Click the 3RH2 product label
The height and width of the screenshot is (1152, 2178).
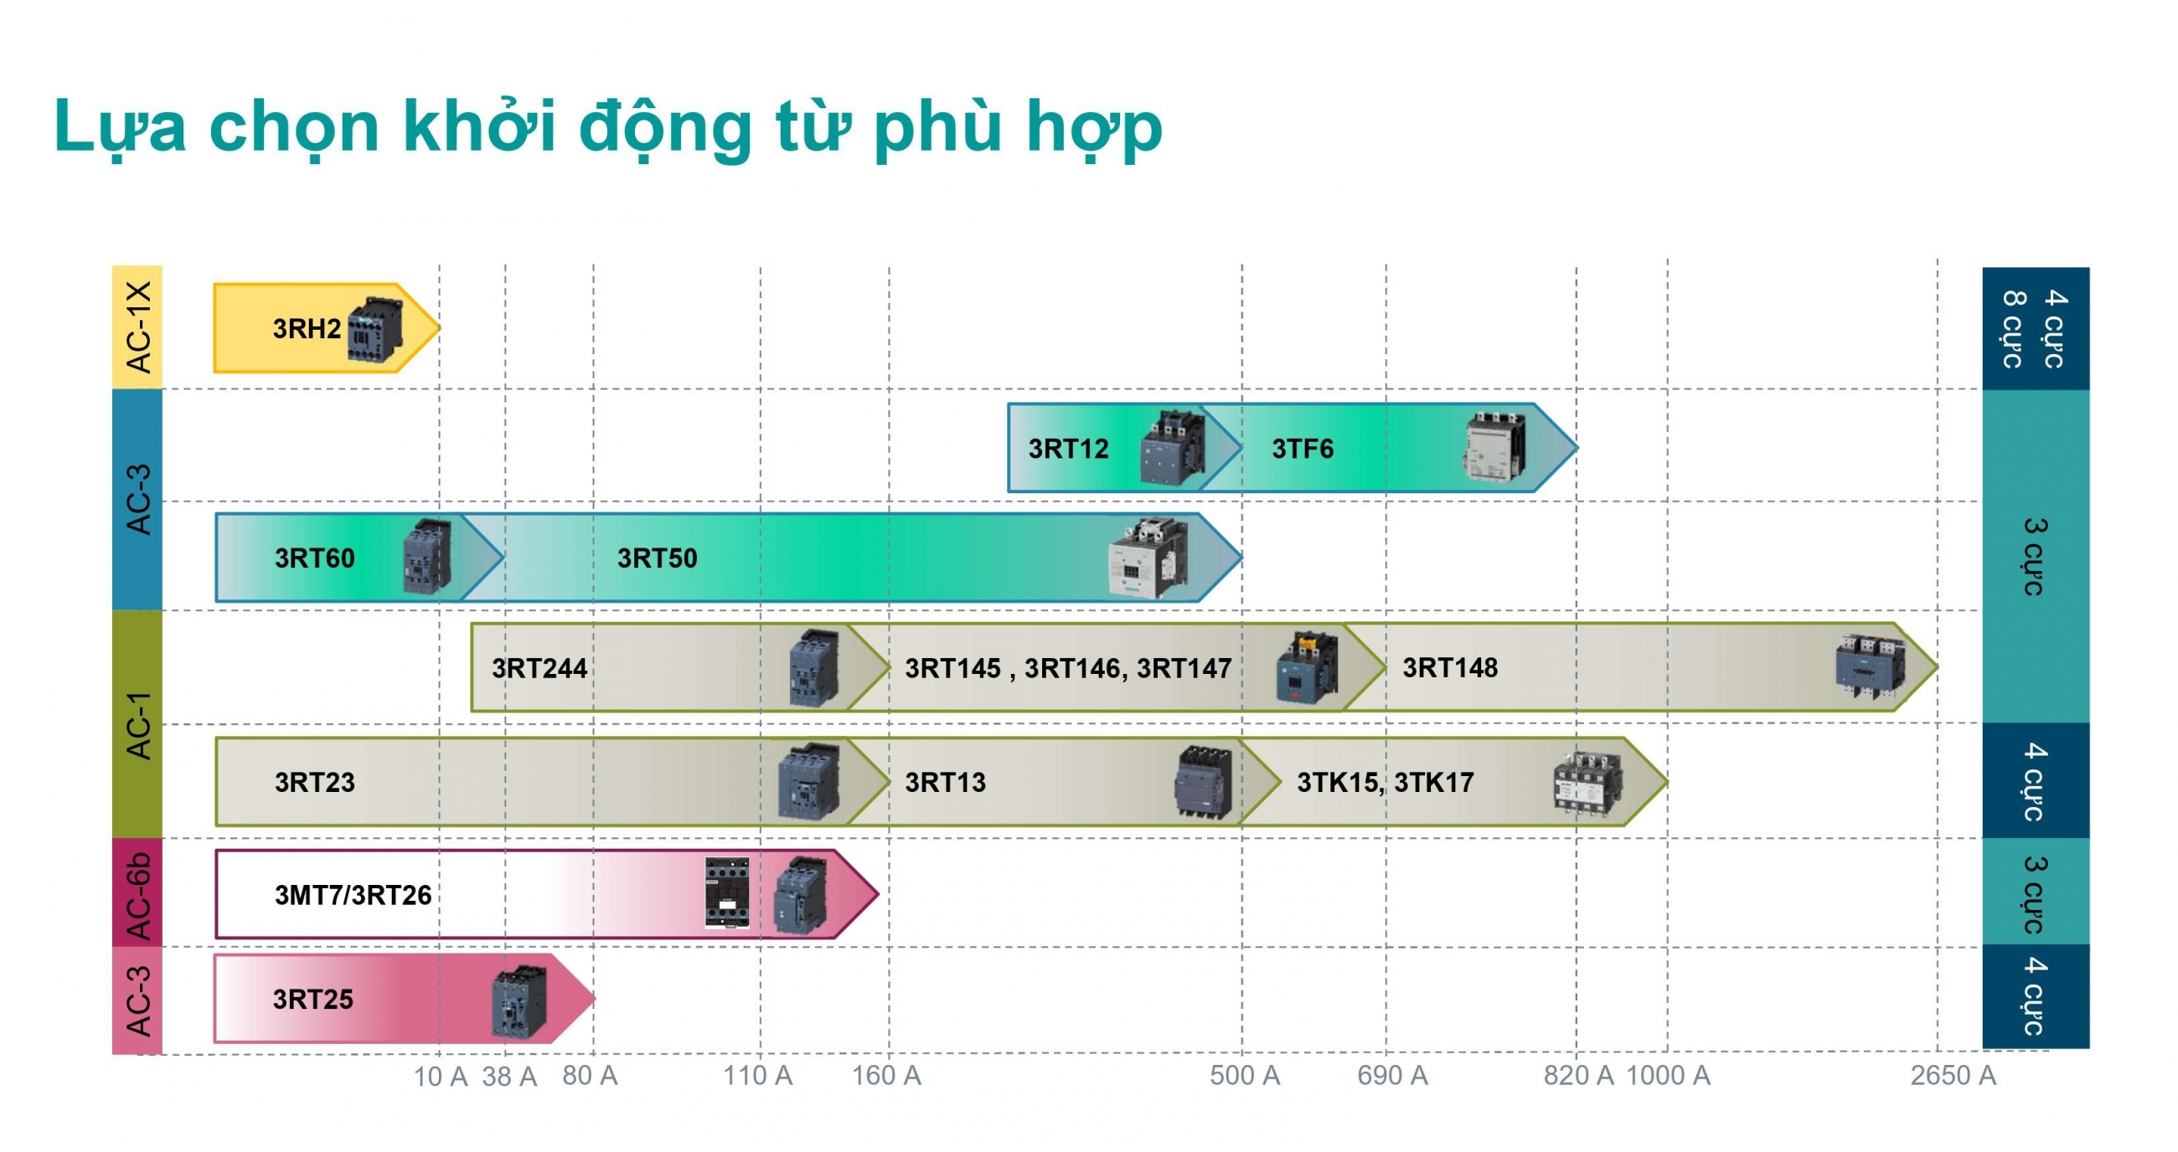click(x=307, y=328)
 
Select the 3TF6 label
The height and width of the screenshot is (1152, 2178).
click(x=1302, y=448)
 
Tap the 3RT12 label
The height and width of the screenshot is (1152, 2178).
click(x=1068, y=448)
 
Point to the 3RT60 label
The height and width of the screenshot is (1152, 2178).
click(x=314, y=558)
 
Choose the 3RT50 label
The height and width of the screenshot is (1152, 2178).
click(x=657, y=558)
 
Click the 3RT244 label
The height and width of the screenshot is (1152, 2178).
click(x=539, y=668)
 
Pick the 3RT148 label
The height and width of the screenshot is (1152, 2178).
click(x=1450, y=668)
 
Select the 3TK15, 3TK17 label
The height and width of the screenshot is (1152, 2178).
click(x=1385, y=783)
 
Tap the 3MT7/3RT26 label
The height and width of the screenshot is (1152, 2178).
click(x=354, y=894)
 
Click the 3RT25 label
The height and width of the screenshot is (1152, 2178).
click(x=312, y=999)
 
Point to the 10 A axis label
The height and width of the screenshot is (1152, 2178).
click(x=441, y=1077)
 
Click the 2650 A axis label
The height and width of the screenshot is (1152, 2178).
click(x=1953, y=1075)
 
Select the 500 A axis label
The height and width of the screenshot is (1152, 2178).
click(x=1245, y=1075)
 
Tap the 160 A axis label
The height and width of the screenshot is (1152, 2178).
click(x=886, y=1075)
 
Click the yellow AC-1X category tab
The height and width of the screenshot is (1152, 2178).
click(x=137, y=327)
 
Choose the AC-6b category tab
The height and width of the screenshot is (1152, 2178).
click(x=137, y=894)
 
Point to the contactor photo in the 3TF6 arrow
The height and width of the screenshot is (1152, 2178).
click(x=1494, y=446)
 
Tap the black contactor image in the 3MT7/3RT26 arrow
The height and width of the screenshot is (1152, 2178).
click(x=727, y=892)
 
